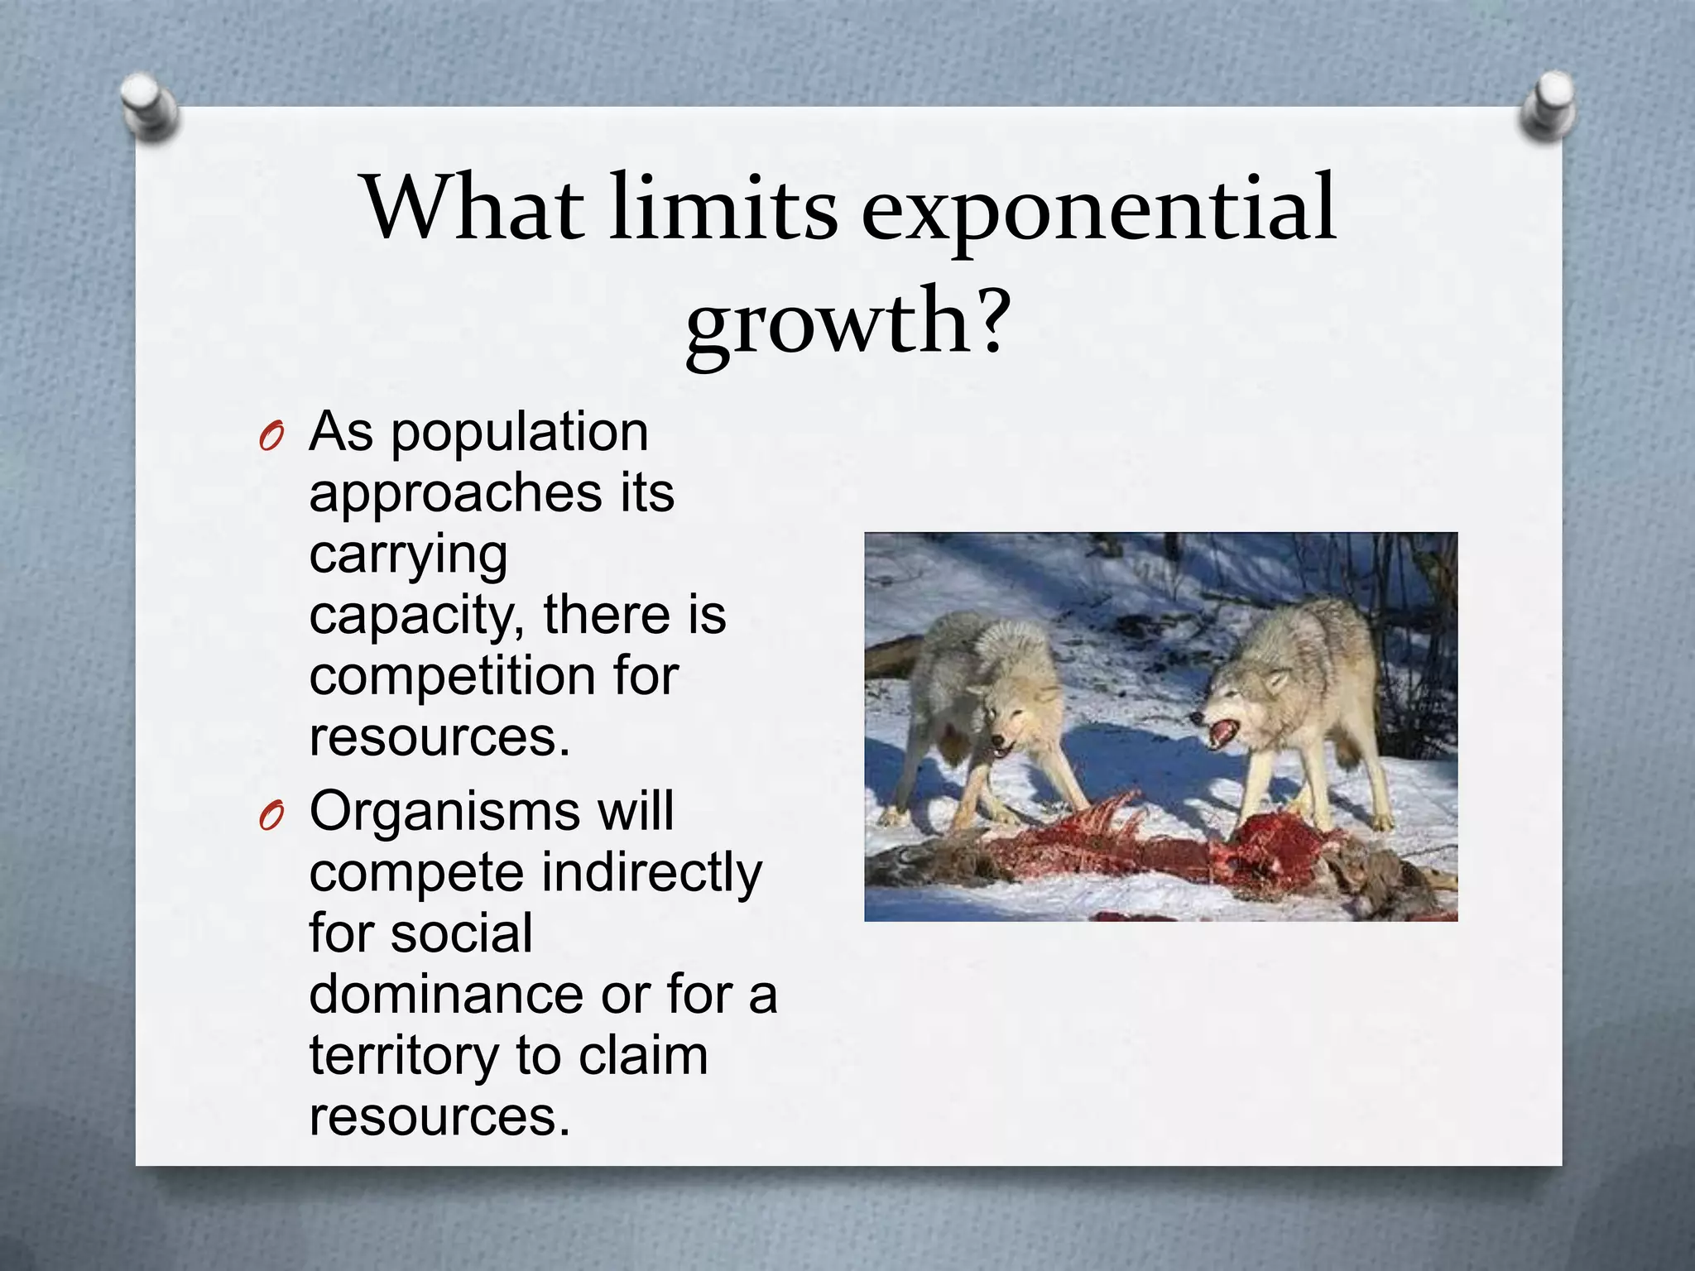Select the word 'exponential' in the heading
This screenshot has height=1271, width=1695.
(1098, 210)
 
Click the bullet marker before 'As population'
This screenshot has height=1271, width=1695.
(271, 436)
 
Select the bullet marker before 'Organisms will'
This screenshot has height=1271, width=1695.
(271, 816)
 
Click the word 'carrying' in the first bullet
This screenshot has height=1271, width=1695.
(408, 556)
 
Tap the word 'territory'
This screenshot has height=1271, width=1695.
(403, 1056)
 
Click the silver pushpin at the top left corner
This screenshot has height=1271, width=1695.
(148, 105)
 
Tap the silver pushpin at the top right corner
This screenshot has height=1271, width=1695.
(1549, 105)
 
